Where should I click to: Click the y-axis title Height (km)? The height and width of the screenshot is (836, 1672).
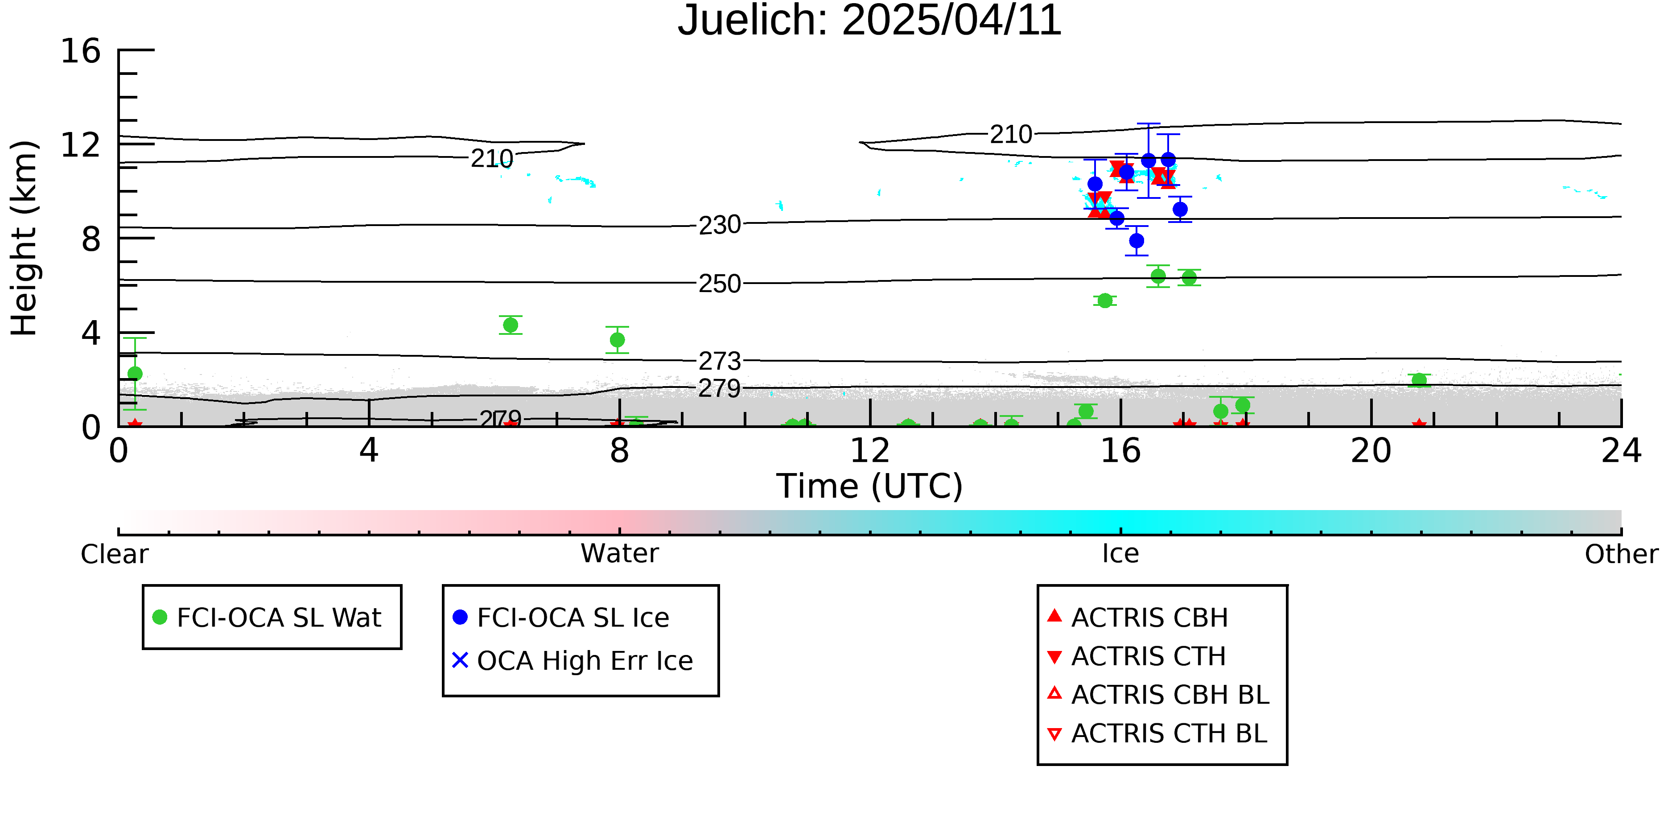[x=24, y=238]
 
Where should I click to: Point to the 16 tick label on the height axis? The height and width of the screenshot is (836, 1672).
[x=81, y=51]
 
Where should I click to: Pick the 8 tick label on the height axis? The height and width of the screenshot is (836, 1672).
[x=91, y=239]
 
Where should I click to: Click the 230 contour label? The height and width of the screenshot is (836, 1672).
[x=719, y=225]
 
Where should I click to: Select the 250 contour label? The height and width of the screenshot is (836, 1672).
[x=719, y=284]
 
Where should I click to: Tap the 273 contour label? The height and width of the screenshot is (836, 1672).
[x=719, y=361]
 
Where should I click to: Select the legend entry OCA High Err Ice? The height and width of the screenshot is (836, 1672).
[x=572, y=661]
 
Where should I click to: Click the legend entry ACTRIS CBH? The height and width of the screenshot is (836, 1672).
[x=1138, y=617]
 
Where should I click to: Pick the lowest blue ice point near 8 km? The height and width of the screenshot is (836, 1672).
[x=1136, y=241]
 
